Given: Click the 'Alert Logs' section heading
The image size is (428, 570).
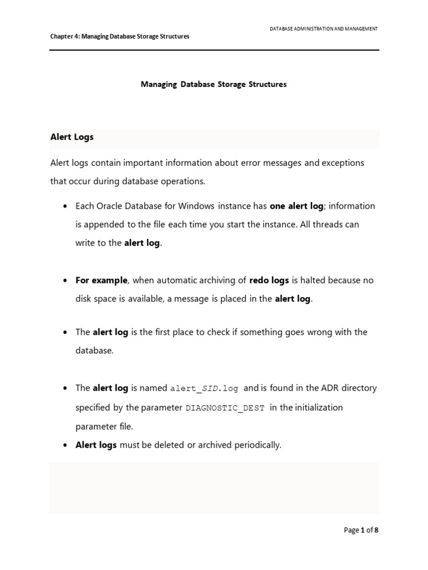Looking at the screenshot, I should (72, 137).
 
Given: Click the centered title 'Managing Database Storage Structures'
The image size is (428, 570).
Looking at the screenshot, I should (213, 85).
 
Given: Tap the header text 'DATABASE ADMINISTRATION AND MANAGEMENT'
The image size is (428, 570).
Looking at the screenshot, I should (323, 28).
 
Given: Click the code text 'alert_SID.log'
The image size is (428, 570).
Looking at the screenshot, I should (204, 389).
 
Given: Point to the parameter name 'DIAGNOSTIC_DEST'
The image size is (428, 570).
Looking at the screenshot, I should (225, 408).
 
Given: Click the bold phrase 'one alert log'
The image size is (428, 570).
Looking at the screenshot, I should (296, 206).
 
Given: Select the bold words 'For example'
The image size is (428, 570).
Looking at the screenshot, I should (101, 280).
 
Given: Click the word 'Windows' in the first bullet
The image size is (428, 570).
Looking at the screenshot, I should (197, 206).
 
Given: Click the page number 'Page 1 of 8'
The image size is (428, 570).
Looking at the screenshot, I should (361, 530).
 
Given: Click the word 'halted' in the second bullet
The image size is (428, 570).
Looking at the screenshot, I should (318, 280).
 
